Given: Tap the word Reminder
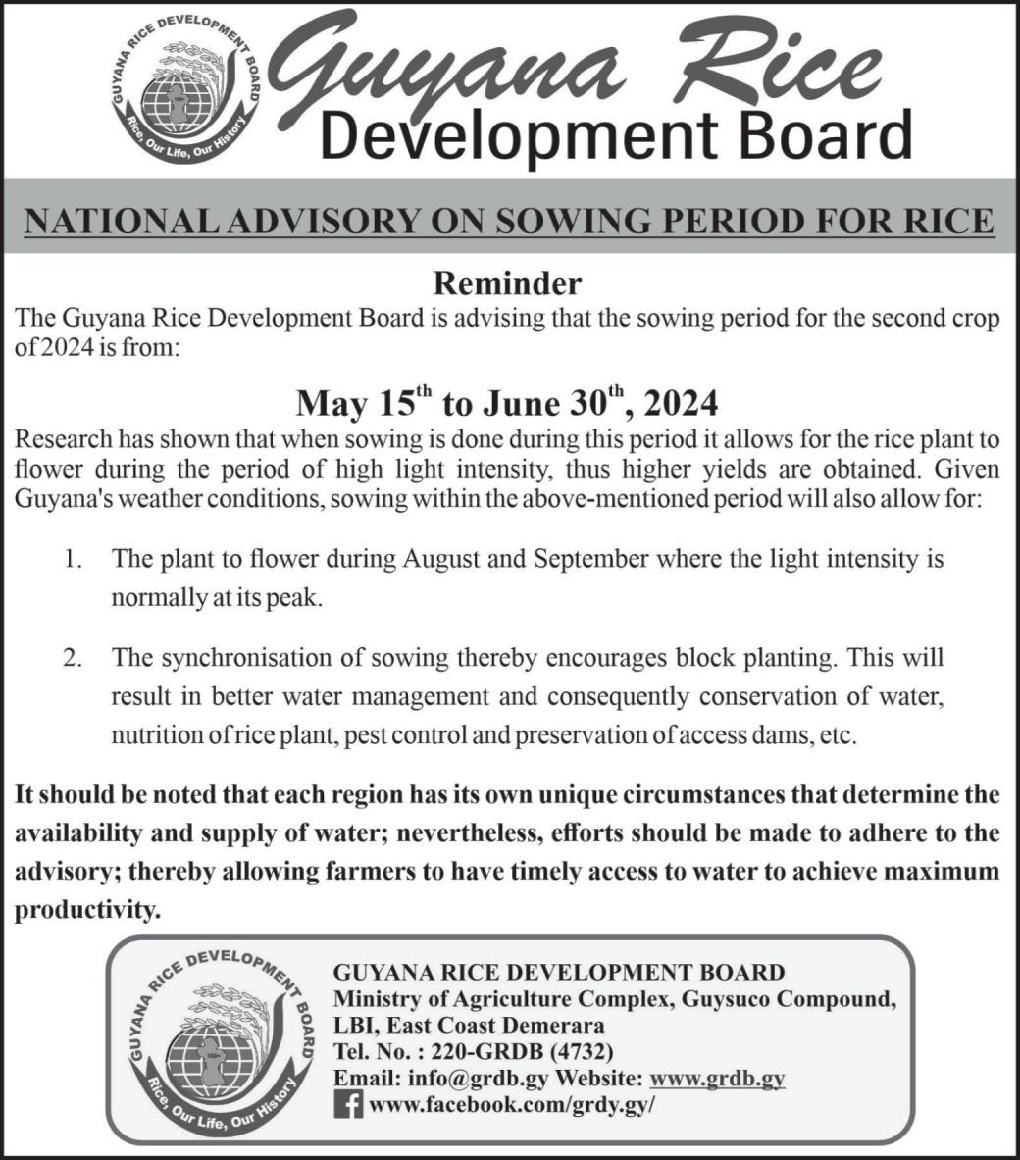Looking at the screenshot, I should [507, 284].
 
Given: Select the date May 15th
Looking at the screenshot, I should [364, 402].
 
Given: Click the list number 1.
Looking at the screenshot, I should [72, 560].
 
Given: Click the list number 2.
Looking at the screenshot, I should [72, 657].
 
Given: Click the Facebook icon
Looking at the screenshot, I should [348, 1105].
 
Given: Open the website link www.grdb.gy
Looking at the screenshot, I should [717, 1079].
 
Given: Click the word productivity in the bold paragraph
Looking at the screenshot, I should [86, 911].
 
